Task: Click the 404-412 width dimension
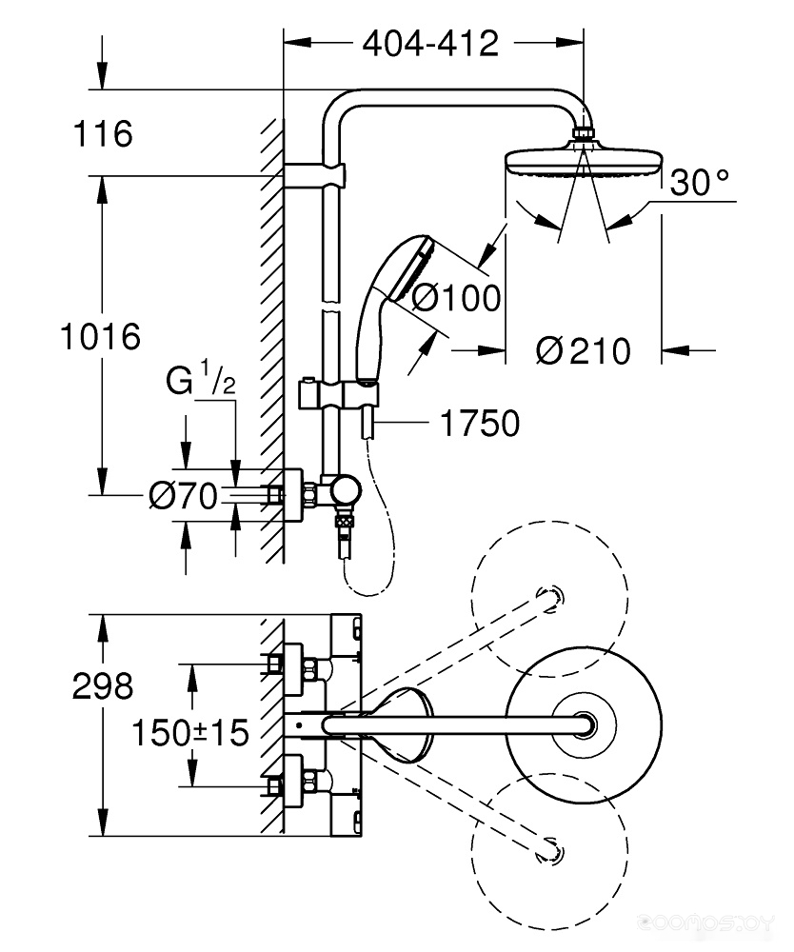click(x=430, y=44)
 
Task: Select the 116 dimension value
click(x=103, y=133)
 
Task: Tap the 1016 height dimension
click(x=100, y=336)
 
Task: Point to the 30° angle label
click(x=700, y=182)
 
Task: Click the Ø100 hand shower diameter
click(x=456, y=297)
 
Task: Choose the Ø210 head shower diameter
click(x=584, y=351)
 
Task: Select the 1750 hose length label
click(x=480, y=424)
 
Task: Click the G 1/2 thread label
click(x=200, y=378)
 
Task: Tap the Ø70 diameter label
click(x=183, y=495)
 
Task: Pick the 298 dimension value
click(x=103, y=686)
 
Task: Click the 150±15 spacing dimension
click(x=190, y=732)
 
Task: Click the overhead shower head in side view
click(x=584, y=160)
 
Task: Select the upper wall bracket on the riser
click(x=314, y=173)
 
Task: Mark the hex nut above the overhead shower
click(x=584, y=133)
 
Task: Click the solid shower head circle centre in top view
click(x=584, y=724)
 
